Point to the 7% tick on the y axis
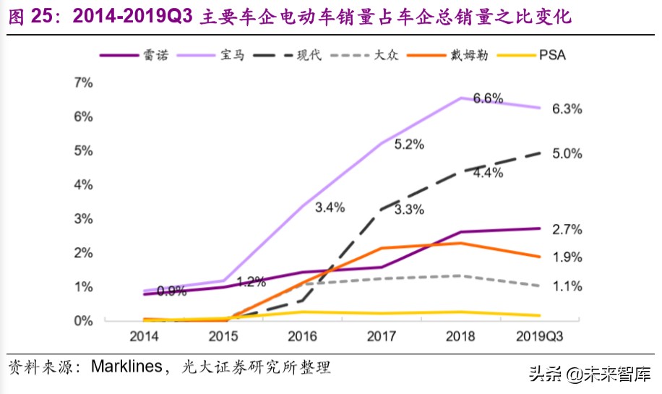click(84, 82)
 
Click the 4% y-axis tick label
click(84, 184)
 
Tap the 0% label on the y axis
click(84, 320)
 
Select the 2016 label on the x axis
click(303, 336)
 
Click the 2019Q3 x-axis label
click(542, 336)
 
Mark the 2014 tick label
click(144, 336)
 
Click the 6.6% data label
click(488, 99)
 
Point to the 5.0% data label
click(567, 153)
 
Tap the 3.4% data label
click(330, 207)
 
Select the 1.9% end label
click(567, 257)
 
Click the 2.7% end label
click(567, 230)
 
